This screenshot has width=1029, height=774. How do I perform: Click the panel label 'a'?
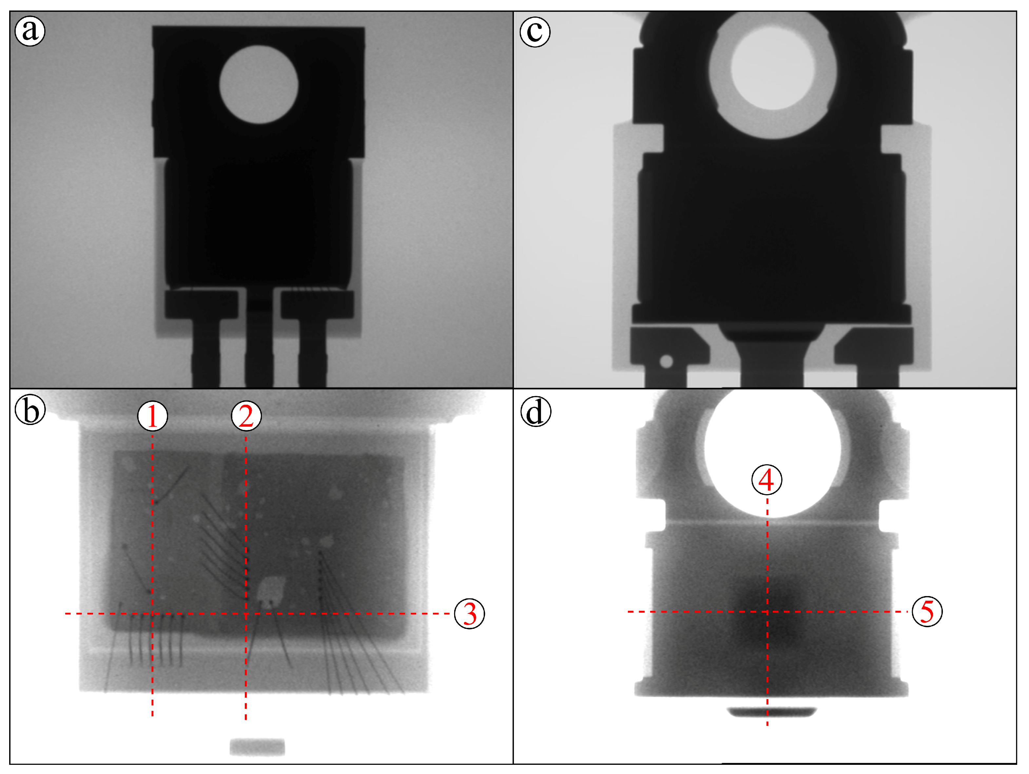pos(30,31)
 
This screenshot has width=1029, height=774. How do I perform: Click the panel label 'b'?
pos(30,411)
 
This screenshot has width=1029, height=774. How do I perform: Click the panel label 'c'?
pos(535,32)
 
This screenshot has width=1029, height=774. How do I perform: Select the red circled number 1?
pos(153,416)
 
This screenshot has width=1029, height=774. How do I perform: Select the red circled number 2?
pos(246,416)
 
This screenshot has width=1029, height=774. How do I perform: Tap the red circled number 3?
pos(469,614)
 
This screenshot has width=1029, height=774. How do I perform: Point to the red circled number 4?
pos(767,479)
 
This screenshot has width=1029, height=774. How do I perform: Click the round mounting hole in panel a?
pos(259,85)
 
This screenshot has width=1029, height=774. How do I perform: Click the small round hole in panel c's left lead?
pos(666,361)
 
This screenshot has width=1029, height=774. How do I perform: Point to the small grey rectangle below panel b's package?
pos(257,747)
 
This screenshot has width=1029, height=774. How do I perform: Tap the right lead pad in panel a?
pos(317,304)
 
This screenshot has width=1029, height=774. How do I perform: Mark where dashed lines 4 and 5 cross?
pos(767,611)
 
